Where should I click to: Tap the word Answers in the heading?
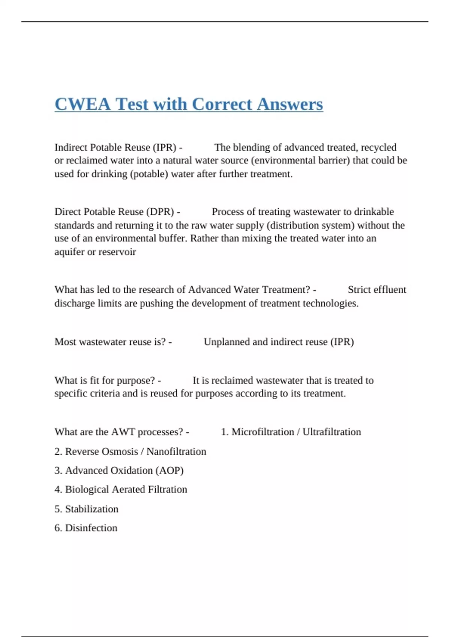pyautogui.click(x=290, y=104)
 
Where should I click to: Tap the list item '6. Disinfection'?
pyautogui.click(x=86, y=528)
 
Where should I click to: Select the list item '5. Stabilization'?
pyautogui.click(x=86, y=509)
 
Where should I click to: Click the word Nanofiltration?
pyautogui.click(x=176, y=452)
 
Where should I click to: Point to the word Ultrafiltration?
pyautogui.click(x=331, y=432)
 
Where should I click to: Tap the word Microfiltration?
pyautogui.click(x=262, y=432)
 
